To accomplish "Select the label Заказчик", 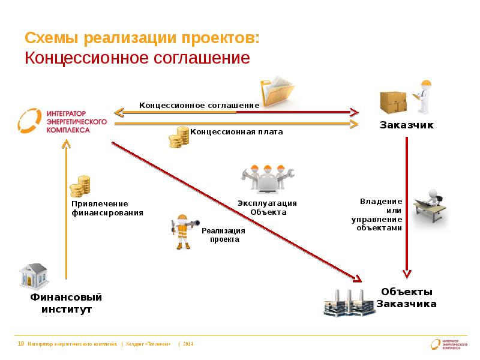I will [406, 125].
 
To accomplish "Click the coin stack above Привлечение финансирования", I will [79, 187].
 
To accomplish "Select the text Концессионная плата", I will [236, 131].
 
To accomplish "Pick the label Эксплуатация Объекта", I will [267, 208].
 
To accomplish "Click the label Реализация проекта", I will [224, 235].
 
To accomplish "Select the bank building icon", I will [34, 277].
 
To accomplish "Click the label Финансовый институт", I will [67, 304].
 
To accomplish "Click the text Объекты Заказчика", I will [406, 298].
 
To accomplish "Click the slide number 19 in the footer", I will [21, 344].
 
